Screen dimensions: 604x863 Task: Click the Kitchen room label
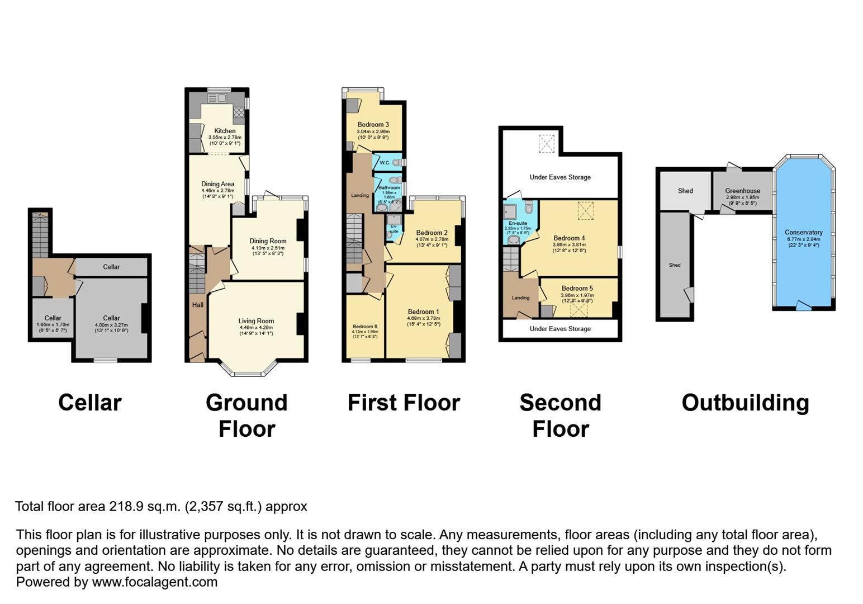[x=225, y=131]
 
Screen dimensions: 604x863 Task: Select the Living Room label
[x=256, y=321]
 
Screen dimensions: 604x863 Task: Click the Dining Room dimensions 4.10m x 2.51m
[x=268, y=248]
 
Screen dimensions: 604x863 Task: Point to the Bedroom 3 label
[x=373, y=125]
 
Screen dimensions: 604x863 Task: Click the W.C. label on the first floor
[x=385, y=163]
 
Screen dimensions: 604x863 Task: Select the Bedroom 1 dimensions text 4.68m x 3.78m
[x=423, y=319]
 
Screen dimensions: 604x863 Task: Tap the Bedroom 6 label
[x=364, y=327]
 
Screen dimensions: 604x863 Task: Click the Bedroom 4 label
[x=569, y=238]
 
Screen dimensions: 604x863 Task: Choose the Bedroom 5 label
[x=577, y=289]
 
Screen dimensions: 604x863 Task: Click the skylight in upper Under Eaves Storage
[x=546, y=143]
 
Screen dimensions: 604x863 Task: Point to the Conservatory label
[x=803, y=232]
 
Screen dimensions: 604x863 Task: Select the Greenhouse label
[x=742, y=191]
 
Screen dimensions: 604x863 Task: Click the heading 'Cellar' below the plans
[x=89, y=403]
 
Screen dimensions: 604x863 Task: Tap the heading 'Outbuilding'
[x=745, y=403]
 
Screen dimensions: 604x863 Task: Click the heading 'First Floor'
[x=404, y=403]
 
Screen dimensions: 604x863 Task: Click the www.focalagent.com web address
[x=154, y=582]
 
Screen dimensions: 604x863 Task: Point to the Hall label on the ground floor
[x=197, y=305]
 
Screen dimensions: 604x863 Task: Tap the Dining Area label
[x=217, y=184]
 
